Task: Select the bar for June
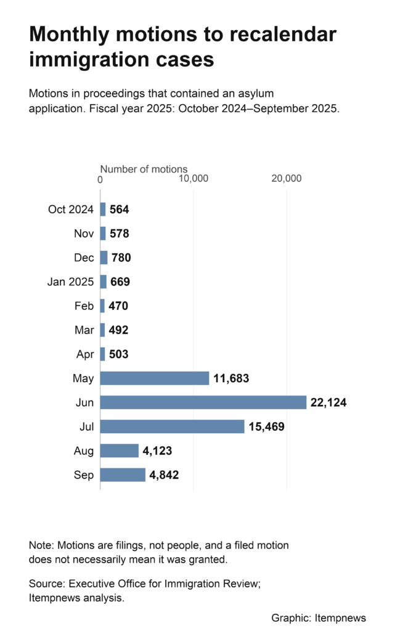pyautogui.click(x=203, y=402)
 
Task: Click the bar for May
pyautogui.click(x=155, y=378)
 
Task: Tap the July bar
pyautogui.click(x=172, y=426)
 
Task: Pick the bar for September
pyautogui.click(x=123, y=475)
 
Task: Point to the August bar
pyautogui.click(x=120, y=450)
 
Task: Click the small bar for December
pyautogui.click(x=104, y=258)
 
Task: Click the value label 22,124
pyautogui.click(x=328, y=402)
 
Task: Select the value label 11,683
pyautogui.click(x=231, y=378)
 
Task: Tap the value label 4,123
pyautogui.click(x=157, y=450)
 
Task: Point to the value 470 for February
pyautogui.click(x=118, y=306)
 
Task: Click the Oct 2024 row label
pyautogui.click(x=71, y=210)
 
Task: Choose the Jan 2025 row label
pyautogui.click(x=70, y=282)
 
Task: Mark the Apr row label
pyautogui.click(x=85, y=354)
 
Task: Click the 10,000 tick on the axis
pyautogui.click(x=193, y=178)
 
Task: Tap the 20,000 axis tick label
pyautogui.click(x=287, y=178)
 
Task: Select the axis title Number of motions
pyautogui.click(x=144, y=169)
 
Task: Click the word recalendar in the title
pyautogui.click(x=283, y=35)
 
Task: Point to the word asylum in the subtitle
pyautogui.click(x=255, y=94)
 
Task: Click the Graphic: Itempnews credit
pyautogui.click(x=319, y=618)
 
